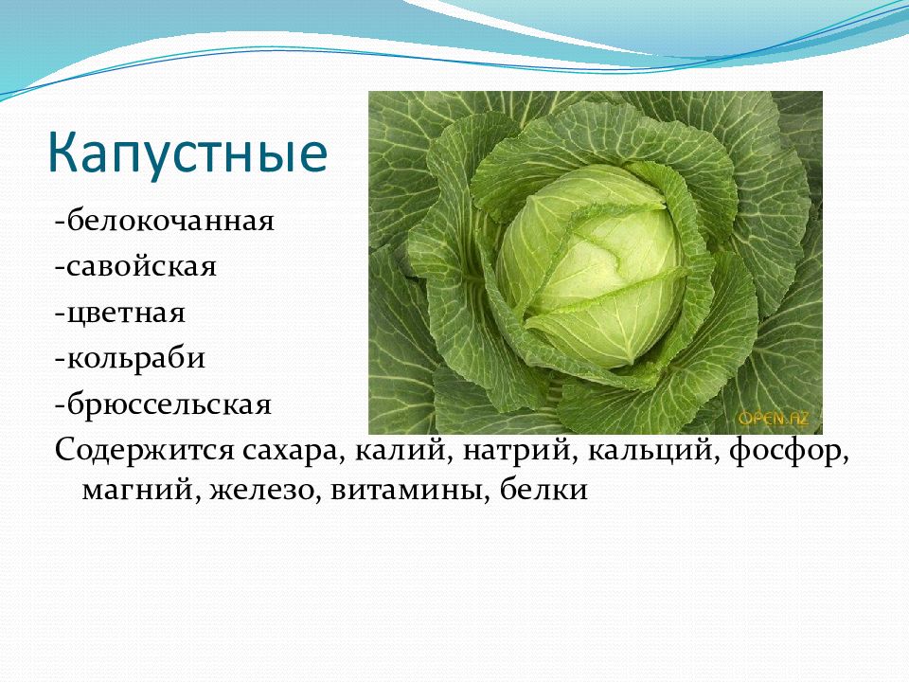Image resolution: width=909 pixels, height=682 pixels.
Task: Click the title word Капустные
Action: coord(187,153)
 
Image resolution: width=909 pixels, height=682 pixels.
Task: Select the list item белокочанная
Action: coord(170,221)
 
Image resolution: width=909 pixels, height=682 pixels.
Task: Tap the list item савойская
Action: coord(141,266)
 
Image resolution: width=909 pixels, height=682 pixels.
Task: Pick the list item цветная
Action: coord(126,314)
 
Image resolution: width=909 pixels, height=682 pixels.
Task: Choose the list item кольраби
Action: coord(136,358)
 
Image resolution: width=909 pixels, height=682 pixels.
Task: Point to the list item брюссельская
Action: coord(169,404)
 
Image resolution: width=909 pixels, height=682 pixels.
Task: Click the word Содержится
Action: coord(145,451)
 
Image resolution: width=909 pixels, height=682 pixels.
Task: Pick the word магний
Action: coord(136,490)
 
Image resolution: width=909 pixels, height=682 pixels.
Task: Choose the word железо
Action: coord(261,490)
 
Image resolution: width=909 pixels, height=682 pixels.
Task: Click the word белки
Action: coord(544,490)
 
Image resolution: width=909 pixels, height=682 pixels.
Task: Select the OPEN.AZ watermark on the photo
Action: coord(773,418)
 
